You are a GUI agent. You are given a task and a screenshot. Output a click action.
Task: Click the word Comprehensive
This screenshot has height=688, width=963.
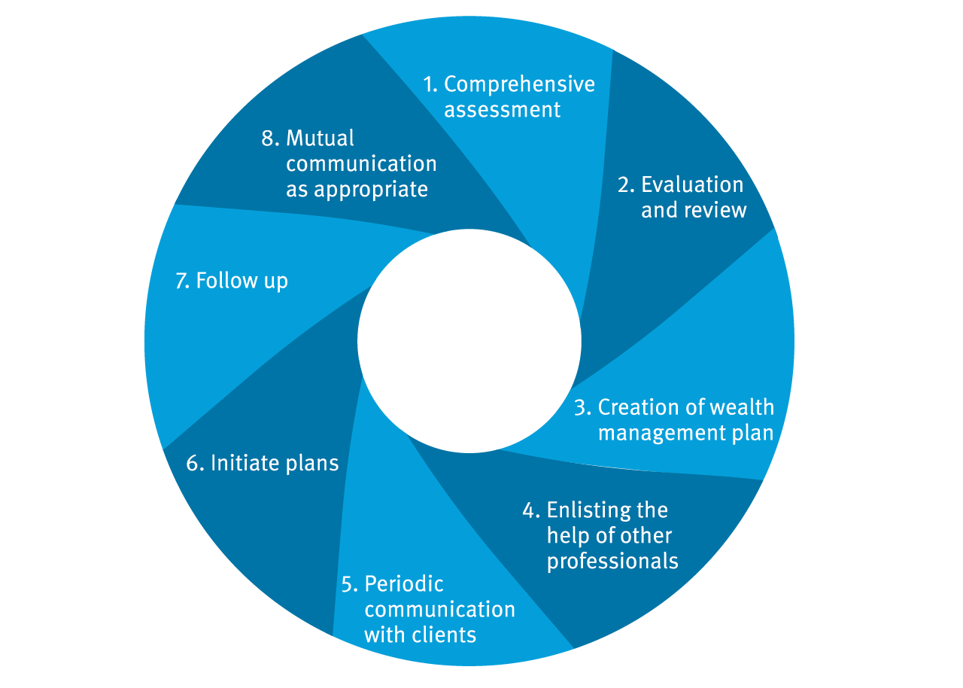tap(519, 85)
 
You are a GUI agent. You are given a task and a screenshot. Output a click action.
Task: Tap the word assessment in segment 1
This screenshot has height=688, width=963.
tap(502, 110)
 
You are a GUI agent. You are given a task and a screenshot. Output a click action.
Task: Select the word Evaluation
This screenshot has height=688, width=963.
tap(692, 184)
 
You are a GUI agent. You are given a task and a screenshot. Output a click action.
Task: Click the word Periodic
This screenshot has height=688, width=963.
tap(404, 584)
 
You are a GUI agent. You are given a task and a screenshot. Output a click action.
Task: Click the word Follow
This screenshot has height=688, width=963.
tap(226, 280)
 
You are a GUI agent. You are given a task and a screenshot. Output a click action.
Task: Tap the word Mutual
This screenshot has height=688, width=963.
tap(320, 138)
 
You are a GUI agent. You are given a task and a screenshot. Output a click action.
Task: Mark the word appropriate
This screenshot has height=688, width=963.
tap(371, 190)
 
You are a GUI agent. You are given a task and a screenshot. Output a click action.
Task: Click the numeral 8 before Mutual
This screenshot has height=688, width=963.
tap(267, 139)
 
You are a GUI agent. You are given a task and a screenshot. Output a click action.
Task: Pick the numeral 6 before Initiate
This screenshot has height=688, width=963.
tap(192, 464)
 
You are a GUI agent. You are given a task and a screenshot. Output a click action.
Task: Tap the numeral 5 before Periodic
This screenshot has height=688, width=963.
tap(347, 585)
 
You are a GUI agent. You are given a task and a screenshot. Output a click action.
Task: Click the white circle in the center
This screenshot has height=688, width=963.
tap(469, 341)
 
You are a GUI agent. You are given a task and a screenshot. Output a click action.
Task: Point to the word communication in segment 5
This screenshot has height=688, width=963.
tap(439, 609)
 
